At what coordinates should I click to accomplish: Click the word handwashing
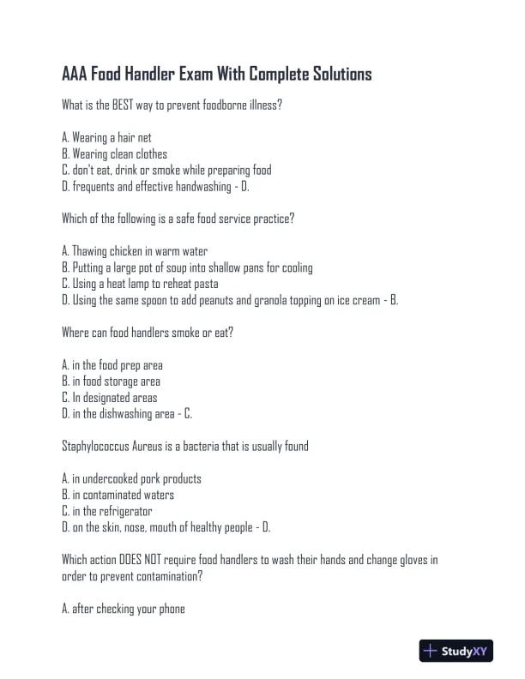[196, 186]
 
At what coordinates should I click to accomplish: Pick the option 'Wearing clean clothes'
[115, 153]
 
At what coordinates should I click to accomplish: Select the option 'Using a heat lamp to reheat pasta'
[141, 284]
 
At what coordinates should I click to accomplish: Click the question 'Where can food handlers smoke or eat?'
[148, 333]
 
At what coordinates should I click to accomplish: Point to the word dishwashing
[130, 414]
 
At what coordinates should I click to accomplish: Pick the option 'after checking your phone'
[124, 610]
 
